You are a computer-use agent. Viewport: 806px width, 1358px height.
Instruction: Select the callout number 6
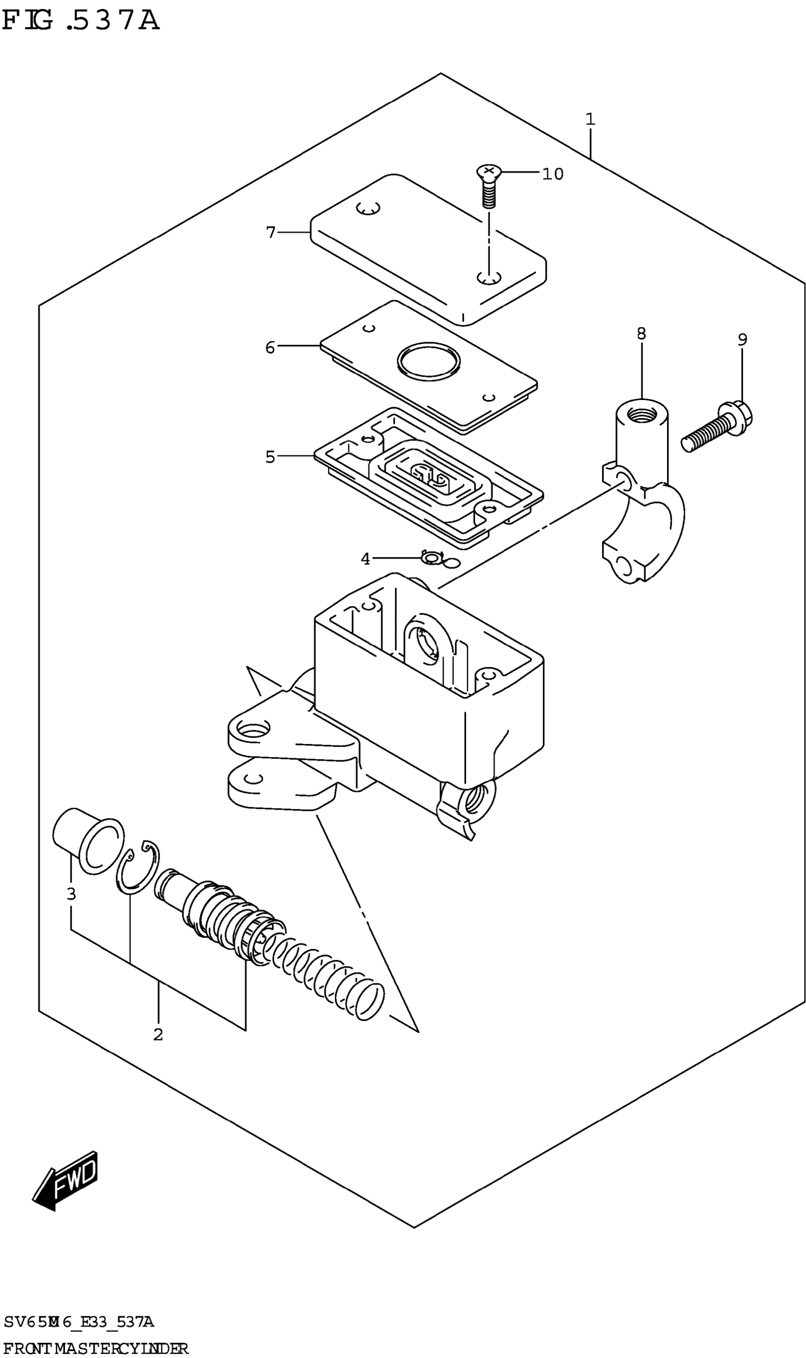coord(270,347)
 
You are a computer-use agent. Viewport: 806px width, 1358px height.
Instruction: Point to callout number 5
coord(270,457)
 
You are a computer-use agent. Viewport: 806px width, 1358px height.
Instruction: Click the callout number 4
coord(366,558)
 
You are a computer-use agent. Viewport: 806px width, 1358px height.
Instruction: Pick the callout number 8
coord(641,333)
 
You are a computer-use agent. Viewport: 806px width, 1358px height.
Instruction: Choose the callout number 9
coord(742,340)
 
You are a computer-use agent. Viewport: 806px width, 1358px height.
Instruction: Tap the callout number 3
coord(71,894)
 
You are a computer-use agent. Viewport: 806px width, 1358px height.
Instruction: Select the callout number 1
coord(590,119)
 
